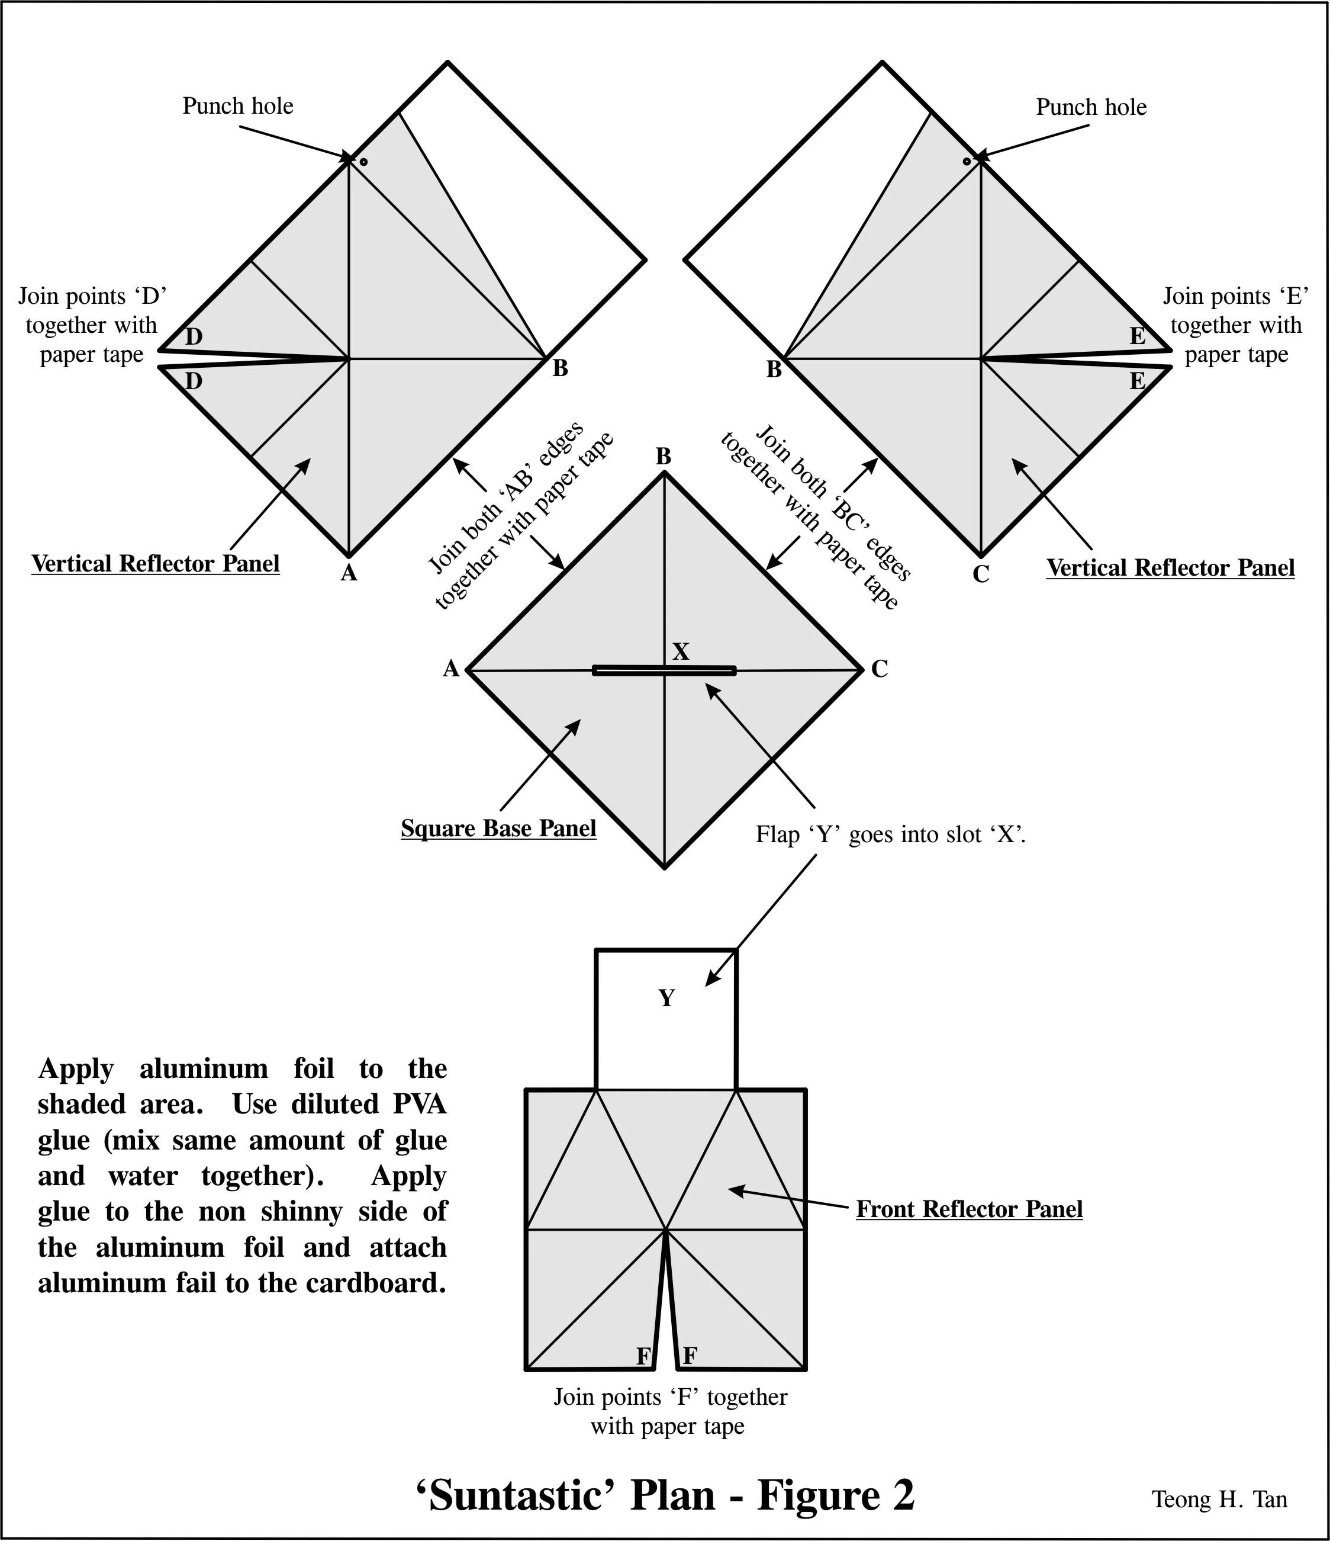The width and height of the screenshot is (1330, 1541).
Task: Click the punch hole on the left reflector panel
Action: coord(363,162)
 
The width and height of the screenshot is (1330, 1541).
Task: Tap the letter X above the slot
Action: coord(680,652)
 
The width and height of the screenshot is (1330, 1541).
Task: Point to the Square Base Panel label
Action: coord(498,829)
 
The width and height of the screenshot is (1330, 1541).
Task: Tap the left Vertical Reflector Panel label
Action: coord(156,564)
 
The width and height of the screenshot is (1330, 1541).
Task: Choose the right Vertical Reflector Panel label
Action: coord(1170,567)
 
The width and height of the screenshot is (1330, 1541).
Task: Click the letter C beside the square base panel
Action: coord(880,669)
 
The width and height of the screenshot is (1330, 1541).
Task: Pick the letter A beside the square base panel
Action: coord(451,669)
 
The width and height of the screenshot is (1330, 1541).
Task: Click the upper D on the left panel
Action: coord(194,337)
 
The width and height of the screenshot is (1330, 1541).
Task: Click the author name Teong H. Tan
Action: coord(1219,1500)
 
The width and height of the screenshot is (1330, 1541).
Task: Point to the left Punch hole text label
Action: coord(238,107)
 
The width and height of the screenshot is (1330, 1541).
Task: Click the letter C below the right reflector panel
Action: coord(981,574)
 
